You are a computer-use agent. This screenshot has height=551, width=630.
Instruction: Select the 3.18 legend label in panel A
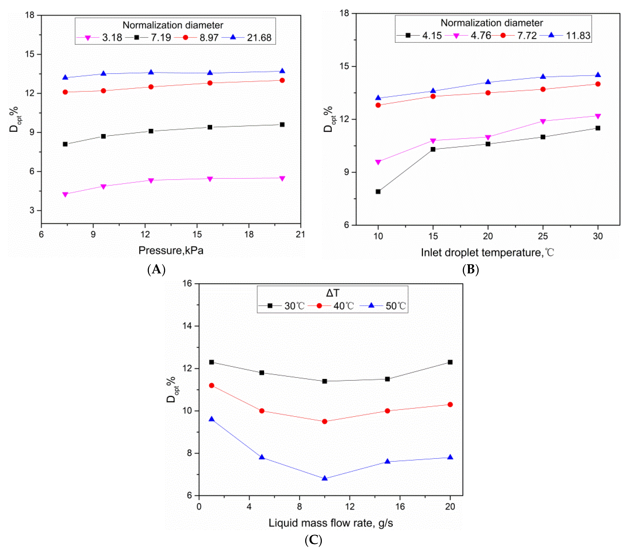coord(112,38)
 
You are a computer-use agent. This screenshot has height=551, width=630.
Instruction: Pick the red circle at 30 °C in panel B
coord(598,84)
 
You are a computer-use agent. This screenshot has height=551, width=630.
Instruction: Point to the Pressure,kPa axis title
coord(171,251)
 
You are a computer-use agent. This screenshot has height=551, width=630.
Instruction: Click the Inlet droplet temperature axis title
coord(487,253)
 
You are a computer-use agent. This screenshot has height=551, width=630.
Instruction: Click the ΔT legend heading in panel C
coord(332,293)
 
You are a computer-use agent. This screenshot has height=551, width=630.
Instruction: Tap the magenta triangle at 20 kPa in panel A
coord(282,178)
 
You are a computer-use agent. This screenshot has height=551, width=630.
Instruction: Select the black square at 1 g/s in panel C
coord(211,362)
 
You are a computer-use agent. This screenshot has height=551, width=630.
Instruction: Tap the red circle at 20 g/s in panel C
coord(450,405)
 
